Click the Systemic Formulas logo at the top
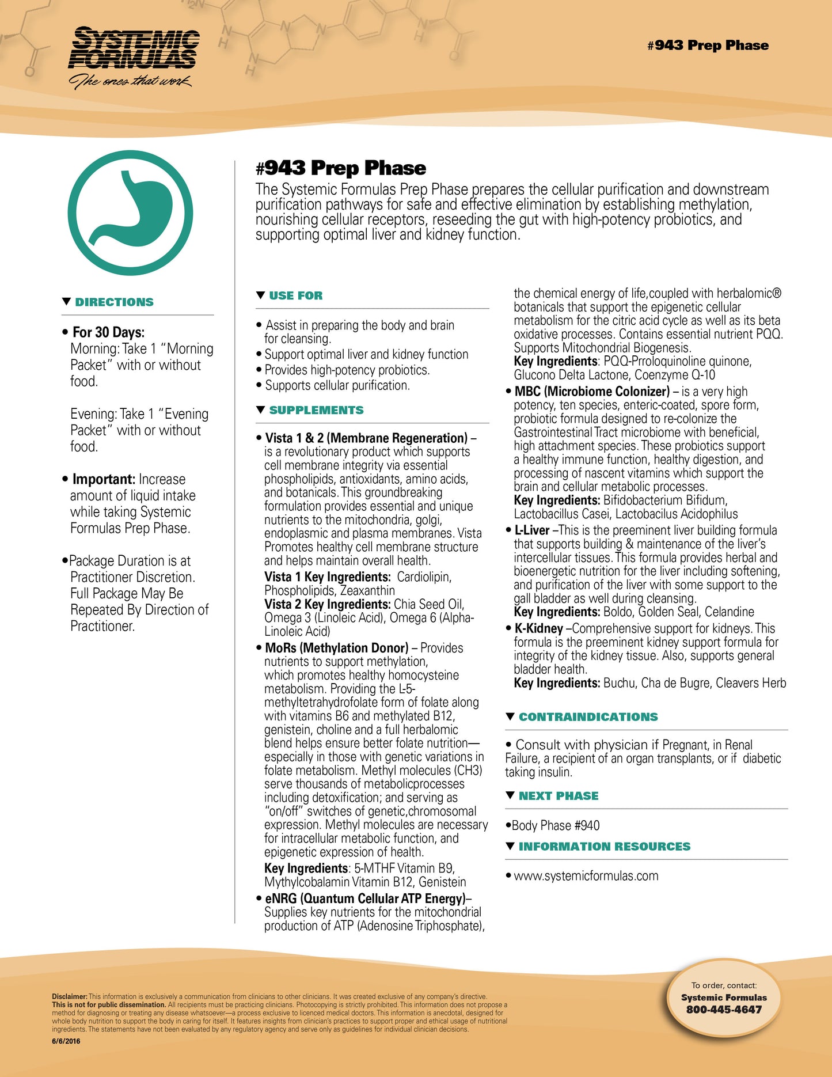coord(134,56)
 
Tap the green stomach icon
coord(130,213)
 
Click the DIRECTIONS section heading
coord(114,302)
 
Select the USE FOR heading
coord(295,296)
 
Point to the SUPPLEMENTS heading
coord(316,411)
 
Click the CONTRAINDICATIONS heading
coord(588,717)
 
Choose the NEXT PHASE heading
coord(558,796)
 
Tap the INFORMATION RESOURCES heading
coord(604,847)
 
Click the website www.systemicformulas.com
coord(586,876)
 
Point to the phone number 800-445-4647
coord(724,1010)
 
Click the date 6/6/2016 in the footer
coord(66,1041)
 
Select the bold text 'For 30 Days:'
coord(108,332)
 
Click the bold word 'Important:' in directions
coord(104,479)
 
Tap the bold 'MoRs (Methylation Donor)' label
coord(336,648)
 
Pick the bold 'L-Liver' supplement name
coord(531,530)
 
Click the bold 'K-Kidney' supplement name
coord(538,628)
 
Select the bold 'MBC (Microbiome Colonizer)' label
coord(592,392)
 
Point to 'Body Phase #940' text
coord(555,826)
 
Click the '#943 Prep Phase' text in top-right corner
coord(708,45)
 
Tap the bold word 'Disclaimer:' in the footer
coord(70,996)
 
